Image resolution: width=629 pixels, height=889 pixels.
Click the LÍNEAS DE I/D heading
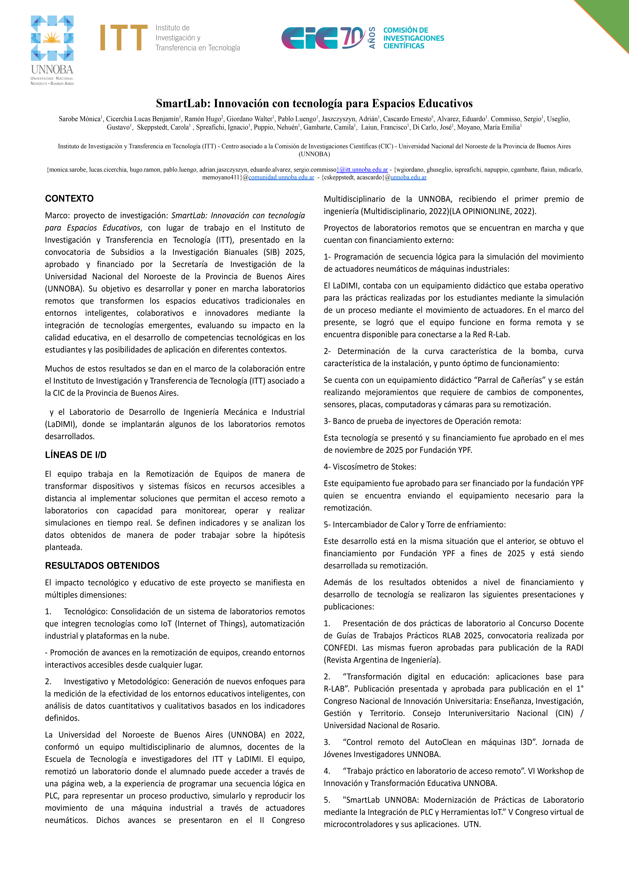[x=76, y=455]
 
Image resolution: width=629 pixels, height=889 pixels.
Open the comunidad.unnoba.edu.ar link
[x=281, y=177]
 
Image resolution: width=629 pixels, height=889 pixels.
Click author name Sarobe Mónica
[x=79, y=119]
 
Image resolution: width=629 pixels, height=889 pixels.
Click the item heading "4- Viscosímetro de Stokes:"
[x=370, y=467]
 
